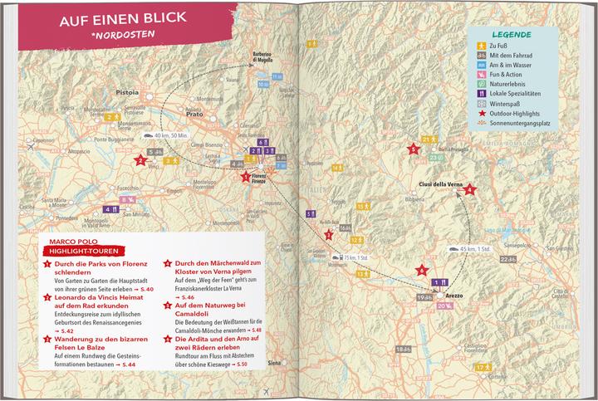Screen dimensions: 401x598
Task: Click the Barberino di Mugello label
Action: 263,57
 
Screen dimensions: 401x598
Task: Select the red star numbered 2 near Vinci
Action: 139,161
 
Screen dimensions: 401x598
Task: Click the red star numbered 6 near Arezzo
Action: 422,269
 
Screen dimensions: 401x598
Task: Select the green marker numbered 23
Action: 434,157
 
